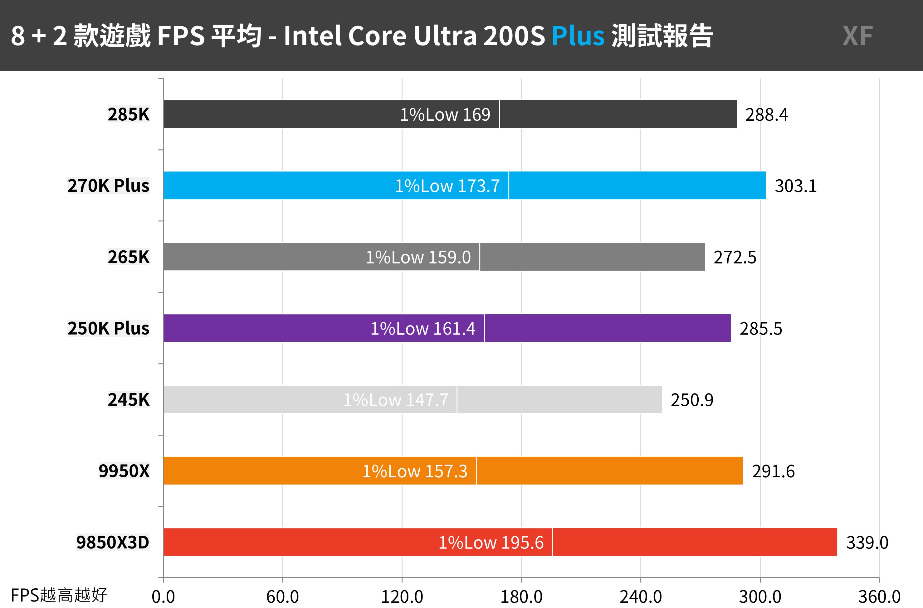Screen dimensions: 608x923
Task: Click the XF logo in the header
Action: click(x=857, y=36)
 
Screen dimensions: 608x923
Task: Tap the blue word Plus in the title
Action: click(x=578, y=36)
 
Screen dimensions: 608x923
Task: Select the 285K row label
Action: click(x=129, y=114)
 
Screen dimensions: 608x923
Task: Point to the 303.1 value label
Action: click(x=795, y=186)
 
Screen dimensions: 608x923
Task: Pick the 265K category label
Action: click(x=129, y=257)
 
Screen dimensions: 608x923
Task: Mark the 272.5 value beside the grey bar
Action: click(x=735, y=258)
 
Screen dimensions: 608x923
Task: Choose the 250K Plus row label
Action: click(x=108, y=328)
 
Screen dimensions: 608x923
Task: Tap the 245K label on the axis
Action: click(x=129, y=400)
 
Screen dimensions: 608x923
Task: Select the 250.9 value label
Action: click(x=692, y=400)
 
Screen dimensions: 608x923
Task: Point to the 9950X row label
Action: click(x=124, y=471)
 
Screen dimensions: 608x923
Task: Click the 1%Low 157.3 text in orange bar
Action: click(x=414, y=471)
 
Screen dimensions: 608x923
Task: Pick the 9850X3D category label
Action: click(x=113, y=543)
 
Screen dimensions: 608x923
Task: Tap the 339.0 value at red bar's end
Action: click(x=867, y=543)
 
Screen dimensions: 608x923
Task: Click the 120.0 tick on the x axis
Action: click(x=402, y=597)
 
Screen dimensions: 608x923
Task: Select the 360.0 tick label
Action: click(x=879, y=597)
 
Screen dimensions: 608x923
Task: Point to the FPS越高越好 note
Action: click(x=59, y=595)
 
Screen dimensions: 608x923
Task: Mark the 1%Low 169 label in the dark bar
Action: click(x=445, y=115)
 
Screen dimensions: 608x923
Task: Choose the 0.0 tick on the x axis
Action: click(x=163, y=597)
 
